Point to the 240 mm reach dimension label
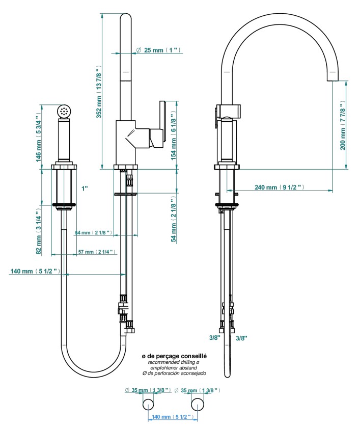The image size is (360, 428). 280,187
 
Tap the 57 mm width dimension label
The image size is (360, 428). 96,252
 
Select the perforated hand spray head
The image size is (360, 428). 64,110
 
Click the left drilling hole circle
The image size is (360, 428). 148,405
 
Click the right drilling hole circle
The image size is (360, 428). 197,405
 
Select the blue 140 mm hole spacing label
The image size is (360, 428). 172,417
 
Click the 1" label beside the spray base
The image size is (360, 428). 85,189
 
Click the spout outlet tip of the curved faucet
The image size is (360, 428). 332,79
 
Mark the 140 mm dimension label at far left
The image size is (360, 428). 35,271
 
